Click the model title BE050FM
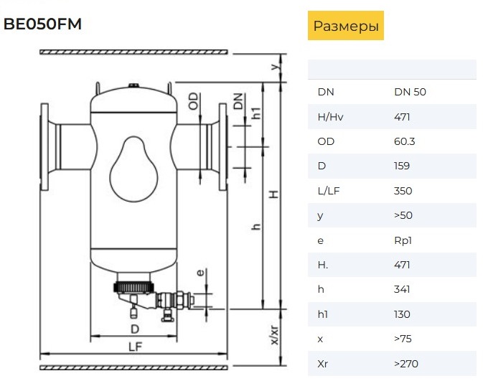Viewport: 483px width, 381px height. pos(42,24)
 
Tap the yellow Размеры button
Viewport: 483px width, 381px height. pos(346,26)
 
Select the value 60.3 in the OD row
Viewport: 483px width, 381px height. pos(405,141)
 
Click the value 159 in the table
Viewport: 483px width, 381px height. pos(402,166)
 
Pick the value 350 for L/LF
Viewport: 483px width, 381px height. pos(403,191)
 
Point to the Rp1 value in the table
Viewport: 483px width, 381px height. pos(403,240)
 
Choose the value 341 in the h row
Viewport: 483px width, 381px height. pos(402,290)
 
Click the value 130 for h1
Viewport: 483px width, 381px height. pos(402,314)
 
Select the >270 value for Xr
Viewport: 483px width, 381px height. pos(406,364)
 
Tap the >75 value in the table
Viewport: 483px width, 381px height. pos(403,339)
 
